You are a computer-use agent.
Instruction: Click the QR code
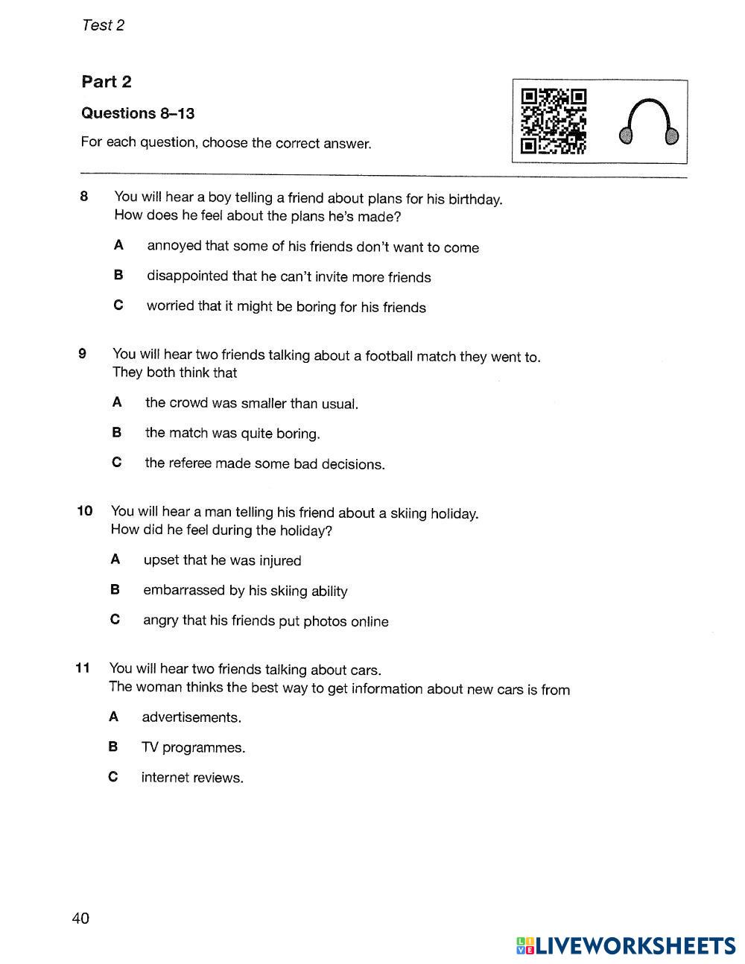coord(554,121)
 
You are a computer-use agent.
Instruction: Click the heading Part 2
coord(107,82)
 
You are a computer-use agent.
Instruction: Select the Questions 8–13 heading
coord(138,113)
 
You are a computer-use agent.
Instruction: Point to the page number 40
coord(80,918)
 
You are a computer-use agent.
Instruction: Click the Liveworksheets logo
coord(626,945)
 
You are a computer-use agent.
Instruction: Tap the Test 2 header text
coord(103,25)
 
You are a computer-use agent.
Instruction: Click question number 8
coord(84,197)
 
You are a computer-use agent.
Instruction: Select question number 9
coord(83,353)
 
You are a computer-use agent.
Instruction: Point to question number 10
coord(84,510)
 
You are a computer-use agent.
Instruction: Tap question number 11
coord(83,667)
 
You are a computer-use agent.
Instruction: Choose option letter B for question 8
coord(118,275)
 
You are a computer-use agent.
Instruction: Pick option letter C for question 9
coord(116,463)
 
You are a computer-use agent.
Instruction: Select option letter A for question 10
coord(115,559)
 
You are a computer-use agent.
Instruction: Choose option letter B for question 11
coord(113,746)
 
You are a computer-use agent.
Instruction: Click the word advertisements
coord(191,717)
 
